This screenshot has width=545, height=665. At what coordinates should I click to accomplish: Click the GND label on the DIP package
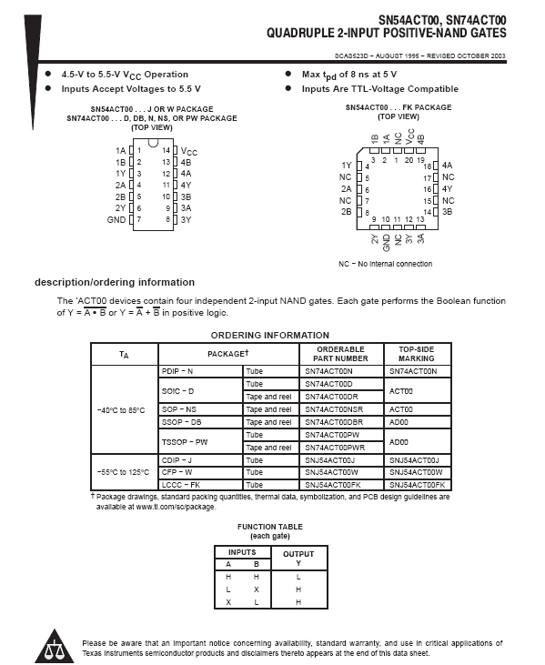pyautogui.click(x=116, y=219)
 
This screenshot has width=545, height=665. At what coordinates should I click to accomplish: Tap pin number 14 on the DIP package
pyautogui.click(x=166, y=150)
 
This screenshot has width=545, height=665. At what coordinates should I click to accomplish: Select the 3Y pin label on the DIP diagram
pyautogui.click(x=186, y=219)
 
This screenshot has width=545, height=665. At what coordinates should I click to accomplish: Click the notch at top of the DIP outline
pyautogui.click(x=153, y=143)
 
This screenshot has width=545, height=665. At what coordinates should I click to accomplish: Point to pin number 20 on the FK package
pyautogui.click(x=409, y=160)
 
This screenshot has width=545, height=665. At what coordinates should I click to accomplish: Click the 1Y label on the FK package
pyautogui.click(x=347, y=166)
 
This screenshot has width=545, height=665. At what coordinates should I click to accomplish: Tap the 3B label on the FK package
pyautogui.click(x=447, y=212)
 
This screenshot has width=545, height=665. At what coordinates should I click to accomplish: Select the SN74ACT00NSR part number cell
pyautogui.click(x=334, y=409)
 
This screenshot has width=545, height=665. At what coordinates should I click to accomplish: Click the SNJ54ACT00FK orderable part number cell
pyautogui.click(x=333, y=485)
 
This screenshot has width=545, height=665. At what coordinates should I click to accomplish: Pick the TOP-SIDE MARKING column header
pyautogui.click(x=417, y=354)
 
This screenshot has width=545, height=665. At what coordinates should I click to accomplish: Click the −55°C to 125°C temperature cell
pyautogui.click(x=123, y=472)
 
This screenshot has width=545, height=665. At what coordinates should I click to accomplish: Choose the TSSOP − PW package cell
pyautogui.click(x=185, y=442)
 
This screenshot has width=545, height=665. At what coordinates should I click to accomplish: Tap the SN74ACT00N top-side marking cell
pyautogui.click(x=413, y=371)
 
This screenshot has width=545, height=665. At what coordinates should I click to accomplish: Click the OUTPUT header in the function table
pyautogui.click(x=298, y=554)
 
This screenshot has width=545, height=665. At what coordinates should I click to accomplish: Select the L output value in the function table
pyautogui.click(x=298, y=577)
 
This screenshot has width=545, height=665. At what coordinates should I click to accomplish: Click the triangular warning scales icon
pyautogui.click(x=55, y=646)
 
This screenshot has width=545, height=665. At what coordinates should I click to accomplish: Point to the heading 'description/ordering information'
pyautogui.click(x=115, y=282)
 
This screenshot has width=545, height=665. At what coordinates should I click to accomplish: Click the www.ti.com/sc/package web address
pyautogui.click(x=176, y=507)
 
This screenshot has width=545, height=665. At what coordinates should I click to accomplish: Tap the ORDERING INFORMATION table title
pyautogui.click(x=269, y=336)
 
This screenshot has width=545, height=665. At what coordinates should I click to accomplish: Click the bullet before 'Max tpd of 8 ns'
pyautogui.click(x=288, y=74)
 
